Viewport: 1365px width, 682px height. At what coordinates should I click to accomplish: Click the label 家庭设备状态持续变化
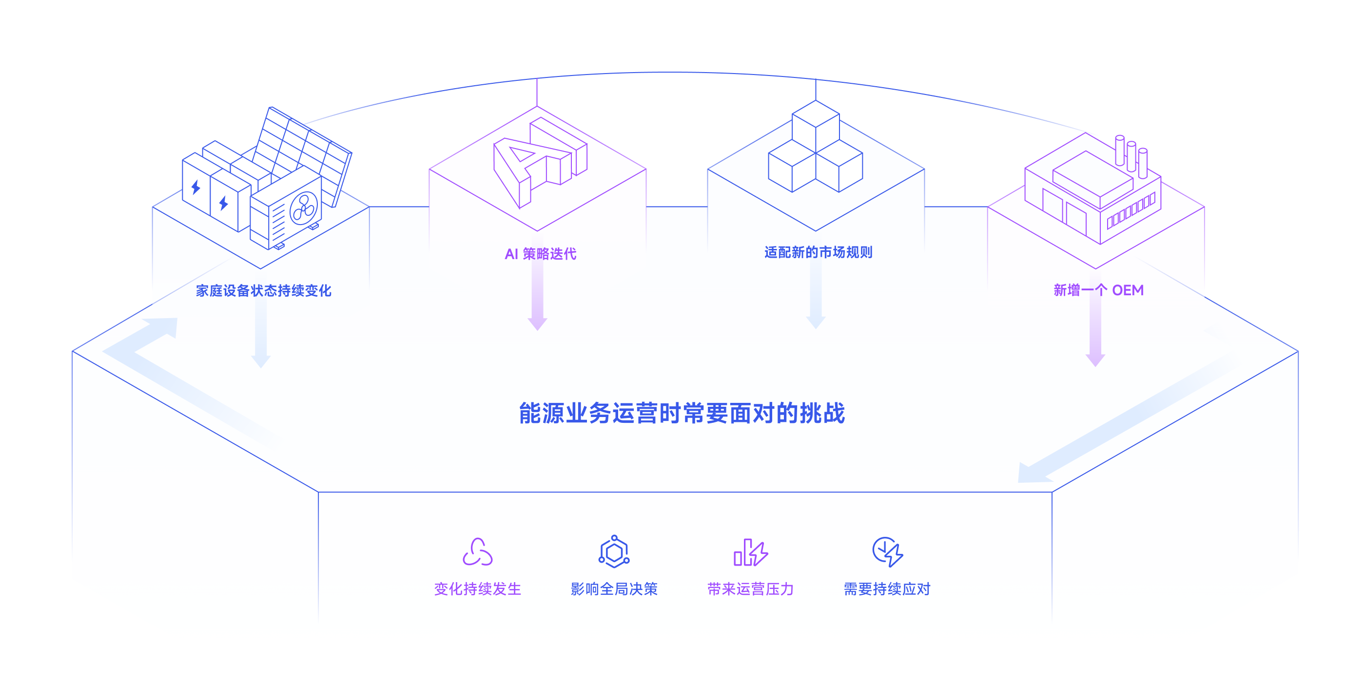coord(263,291)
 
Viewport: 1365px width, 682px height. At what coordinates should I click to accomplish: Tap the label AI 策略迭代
coord(541,254)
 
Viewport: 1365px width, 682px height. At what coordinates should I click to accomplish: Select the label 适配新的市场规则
coord(818,252)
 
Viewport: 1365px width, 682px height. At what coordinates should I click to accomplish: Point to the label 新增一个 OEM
coord(1098,290)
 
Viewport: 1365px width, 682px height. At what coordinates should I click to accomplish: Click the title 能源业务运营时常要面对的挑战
coord(682,413)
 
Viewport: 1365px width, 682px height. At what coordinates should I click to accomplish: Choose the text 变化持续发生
coord(477,589)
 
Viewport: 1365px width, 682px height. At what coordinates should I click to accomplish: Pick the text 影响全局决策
coord(614,589)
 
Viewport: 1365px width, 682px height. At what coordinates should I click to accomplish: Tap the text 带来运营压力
coord(750,589)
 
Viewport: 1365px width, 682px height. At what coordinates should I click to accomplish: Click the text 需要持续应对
coord(887,589)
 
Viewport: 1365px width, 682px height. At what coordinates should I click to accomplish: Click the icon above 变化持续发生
coord(477,552)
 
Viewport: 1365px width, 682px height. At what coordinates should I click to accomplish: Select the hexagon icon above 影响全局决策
coord(614,552)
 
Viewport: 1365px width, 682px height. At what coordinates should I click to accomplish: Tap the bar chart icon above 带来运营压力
coord(750,553)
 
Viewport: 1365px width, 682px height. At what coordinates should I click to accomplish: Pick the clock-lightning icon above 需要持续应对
coord(888,552)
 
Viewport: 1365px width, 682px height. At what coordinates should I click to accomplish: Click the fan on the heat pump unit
coord(304,208)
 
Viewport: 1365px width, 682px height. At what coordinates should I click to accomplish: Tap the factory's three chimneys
coord(1131,156)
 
